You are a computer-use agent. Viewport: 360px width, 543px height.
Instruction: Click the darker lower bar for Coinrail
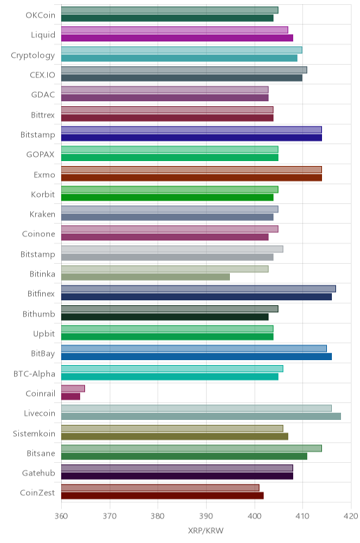point(70,397)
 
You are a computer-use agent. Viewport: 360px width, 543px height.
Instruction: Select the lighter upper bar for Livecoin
point(196,408)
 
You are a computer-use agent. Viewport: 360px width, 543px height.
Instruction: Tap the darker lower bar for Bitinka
point(146,277)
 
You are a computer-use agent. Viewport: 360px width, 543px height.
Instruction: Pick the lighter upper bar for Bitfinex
point(198,289)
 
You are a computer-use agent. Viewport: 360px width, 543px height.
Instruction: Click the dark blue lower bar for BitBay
point(196,357)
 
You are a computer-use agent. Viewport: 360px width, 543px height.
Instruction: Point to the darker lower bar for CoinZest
point(162,496)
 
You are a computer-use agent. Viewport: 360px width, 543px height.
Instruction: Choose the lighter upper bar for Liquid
point(174,30)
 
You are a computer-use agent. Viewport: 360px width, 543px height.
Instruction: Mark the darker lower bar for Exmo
point(191,178)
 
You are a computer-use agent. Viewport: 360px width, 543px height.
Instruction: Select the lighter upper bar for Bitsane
point(191,448)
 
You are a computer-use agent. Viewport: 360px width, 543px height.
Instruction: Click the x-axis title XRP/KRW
point(205,530)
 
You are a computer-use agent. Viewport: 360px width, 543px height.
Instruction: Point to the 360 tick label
point(61,516)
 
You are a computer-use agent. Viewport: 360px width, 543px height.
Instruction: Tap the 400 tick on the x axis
point(255,516)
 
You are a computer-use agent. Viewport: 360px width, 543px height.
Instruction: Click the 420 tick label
point(351,516)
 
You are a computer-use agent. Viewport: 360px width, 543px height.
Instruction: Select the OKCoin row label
point(40,15)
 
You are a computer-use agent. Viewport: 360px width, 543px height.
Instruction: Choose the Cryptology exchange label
point(33,56)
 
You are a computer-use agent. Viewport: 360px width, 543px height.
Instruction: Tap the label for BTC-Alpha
point(34,374)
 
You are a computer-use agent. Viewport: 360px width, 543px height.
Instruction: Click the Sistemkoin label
point(34,433)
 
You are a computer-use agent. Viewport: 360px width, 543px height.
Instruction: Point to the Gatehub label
point(39,473)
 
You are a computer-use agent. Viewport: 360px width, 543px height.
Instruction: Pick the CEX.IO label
point(42,75)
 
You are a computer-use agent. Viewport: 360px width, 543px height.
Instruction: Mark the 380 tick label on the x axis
point(157,516)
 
